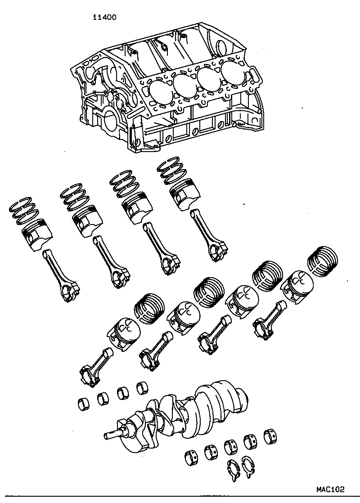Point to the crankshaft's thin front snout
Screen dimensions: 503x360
tap(112, 436)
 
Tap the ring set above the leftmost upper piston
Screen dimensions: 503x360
tap(23, 211)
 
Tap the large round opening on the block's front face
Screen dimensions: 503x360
tap(110, 121)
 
